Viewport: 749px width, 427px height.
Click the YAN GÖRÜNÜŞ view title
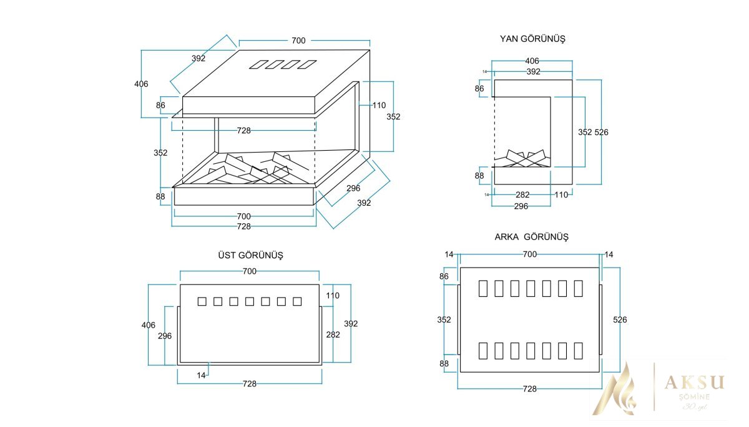click(x=532, y=39)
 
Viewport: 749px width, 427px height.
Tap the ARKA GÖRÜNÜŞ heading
click(x=531, y=237)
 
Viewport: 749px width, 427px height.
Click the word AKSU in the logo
click(x=694, y=383)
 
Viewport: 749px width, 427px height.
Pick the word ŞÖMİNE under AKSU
click(x=694, y=397)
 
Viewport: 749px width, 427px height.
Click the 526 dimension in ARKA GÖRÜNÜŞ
click(x=620, y=319)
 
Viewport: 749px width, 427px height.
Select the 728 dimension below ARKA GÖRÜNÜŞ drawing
click(x=529, y=388)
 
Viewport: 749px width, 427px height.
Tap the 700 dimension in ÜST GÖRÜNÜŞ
click(x=250, y=271)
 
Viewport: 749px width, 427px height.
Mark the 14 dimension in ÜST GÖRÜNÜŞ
click(x=201, y=375)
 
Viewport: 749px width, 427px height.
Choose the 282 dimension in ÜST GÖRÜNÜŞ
click(x=333, y=334)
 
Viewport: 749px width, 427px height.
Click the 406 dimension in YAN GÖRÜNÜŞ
click(x=532, y=61)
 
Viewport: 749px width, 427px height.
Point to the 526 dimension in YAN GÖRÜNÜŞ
click(x=601, y=132)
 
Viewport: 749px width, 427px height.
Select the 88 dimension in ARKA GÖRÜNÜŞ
click(x=444, y=363)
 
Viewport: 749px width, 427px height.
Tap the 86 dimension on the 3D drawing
click(x=161, y=106)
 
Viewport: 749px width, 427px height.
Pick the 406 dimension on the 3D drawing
click(x=142, y=83)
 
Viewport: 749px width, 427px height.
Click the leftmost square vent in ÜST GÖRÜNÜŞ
click(x=202, y=301)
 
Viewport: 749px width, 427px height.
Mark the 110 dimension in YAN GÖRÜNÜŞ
click(x=561, y=194)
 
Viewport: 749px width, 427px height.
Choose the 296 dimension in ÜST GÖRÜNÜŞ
click(x=165, y=336)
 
